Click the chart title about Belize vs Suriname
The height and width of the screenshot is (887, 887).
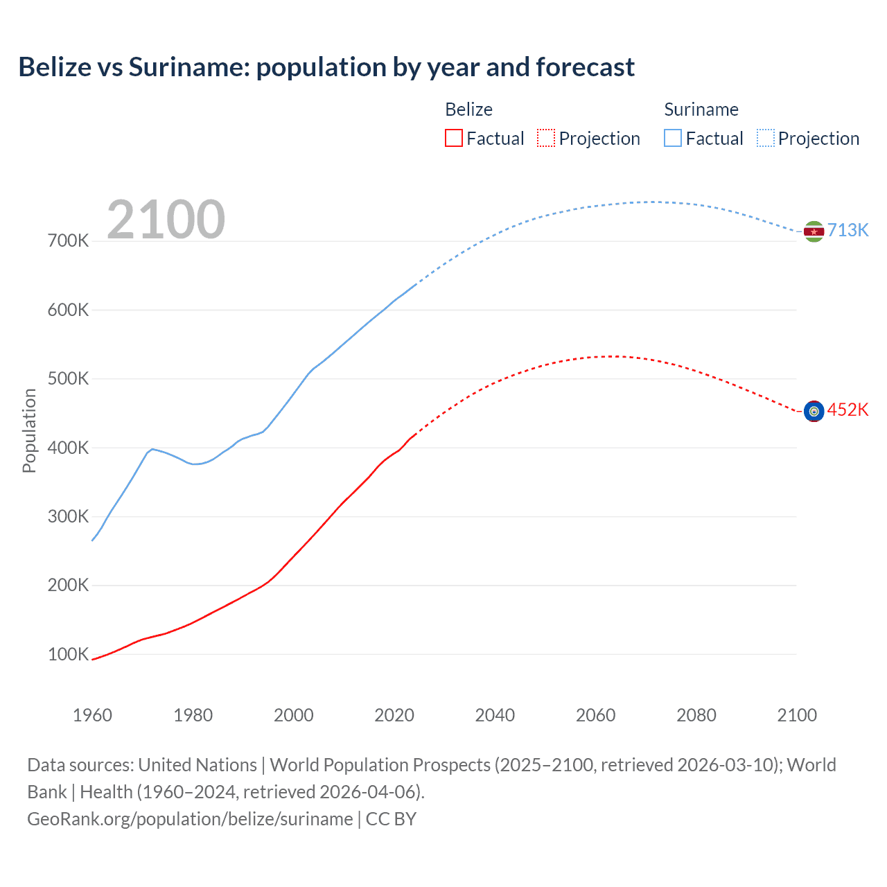pos(326,67)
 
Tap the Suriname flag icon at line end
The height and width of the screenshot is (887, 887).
pos(814,231)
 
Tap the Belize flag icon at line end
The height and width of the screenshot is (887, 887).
pos(814,411)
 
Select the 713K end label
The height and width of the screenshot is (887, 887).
pos(848,231)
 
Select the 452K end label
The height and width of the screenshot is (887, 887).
pos(848,410)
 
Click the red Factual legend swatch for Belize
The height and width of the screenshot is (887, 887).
pos(454,138)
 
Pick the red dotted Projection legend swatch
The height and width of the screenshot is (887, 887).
pos(546,138)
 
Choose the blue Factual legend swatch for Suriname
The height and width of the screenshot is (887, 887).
pos(673,138)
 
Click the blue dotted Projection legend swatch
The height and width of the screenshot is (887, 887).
pos(766,138)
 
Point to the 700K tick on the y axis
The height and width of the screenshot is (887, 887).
pos(68,241)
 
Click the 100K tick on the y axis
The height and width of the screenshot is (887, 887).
pos(68,654)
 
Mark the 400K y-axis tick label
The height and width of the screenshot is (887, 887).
pos(68,448)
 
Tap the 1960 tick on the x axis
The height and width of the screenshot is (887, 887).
pos(92,715)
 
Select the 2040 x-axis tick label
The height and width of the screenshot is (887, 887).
pos(495,715)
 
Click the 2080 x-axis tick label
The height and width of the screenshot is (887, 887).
pos(696,715)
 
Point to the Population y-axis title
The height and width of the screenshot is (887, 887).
pos(29,430)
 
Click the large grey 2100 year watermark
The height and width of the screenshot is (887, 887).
pos(166,220)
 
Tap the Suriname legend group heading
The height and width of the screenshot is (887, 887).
pos(701,109)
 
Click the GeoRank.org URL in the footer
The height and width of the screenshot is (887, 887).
pos(190,819)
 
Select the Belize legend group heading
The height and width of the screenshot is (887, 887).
pos(468,109)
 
